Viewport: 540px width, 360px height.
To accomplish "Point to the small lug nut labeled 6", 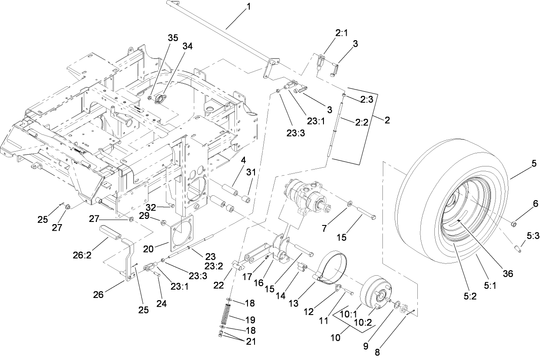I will pos(514,225).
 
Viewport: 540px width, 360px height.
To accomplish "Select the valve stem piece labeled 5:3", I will pos(518,249).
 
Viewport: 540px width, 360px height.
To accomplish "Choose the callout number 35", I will pos(173,38).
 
